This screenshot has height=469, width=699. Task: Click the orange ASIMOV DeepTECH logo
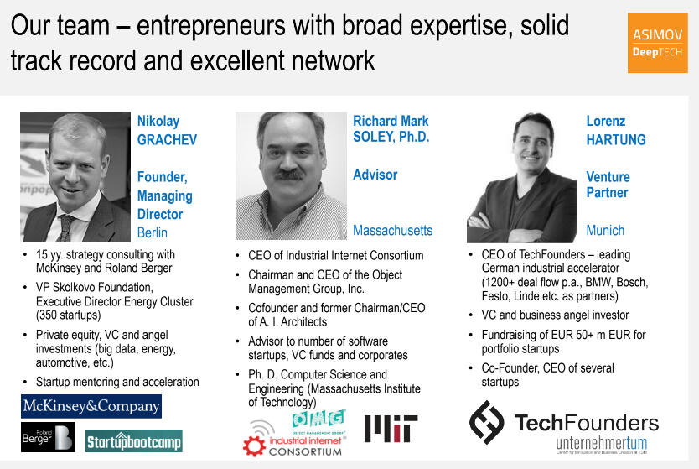(x=658, y=43)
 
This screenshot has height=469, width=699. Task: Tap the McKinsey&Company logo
(x=91, y=406)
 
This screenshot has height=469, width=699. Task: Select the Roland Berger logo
(x=48, y=437)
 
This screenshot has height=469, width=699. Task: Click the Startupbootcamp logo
(x=134, y=440)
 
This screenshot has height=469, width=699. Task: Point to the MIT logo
(x=391, y=429)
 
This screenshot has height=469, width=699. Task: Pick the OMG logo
(x=318, y=419)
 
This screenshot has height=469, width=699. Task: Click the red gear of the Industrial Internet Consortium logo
(x=254, y=446)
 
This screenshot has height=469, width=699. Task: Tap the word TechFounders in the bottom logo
(x=586, y=423)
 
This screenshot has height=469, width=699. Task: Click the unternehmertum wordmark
(x=602, y=443)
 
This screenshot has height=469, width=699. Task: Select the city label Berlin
(x=153, y=232)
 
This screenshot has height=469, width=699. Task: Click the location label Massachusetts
(x=393, y=230)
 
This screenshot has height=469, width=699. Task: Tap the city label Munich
(x=605, y=230)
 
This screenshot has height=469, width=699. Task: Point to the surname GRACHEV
(x=167, y=139)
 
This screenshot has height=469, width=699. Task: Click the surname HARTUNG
(x=616, y=139)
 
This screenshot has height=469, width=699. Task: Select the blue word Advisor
(x=375, y=175)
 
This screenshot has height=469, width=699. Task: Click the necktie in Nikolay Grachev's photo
(x=66, y=227)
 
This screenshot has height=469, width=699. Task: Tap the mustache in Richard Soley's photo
(x=289, y=174)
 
